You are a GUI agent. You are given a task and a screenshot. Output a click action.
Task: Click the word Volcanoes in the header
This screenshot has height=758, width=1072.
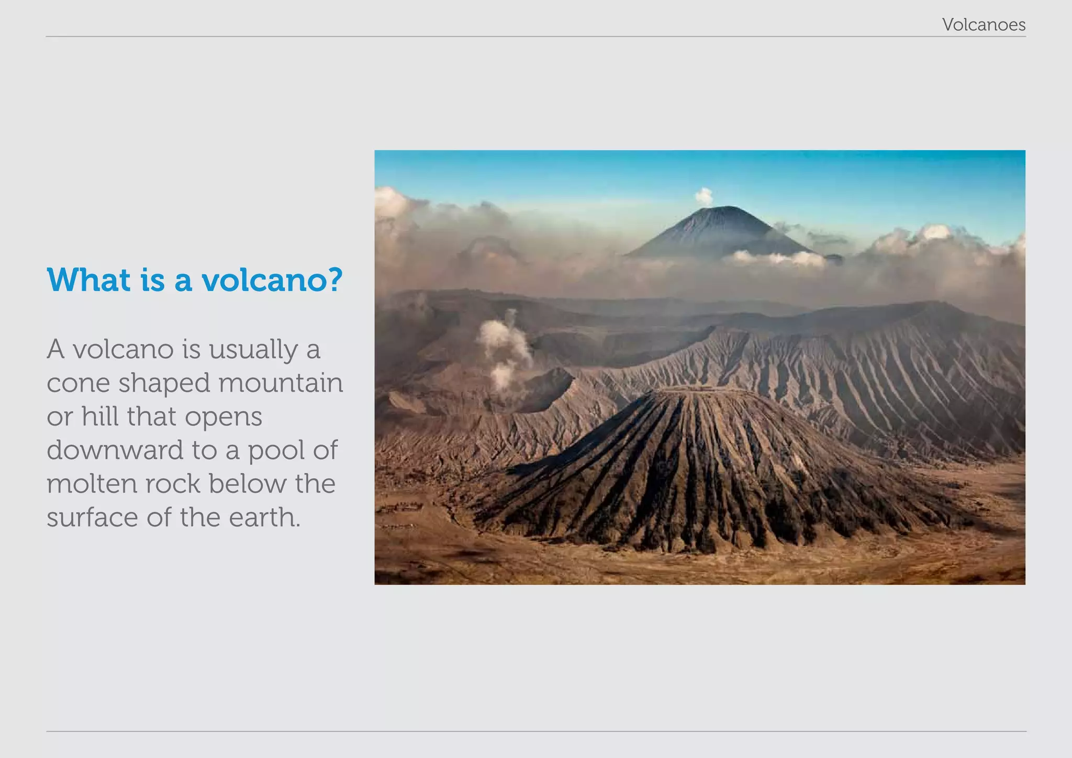[x=984, y=25]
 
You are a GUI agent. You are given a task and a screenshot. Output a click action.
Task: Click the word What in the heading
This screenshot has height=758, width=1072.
[x=88, y=280]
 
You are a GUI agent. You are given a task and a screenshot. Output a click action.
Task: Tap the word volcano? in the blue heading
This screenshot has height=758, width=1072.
[x=272, y=280]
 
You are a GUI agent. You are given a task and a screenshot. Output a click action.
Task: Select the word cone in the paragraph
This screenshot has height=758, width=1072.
[x=79, y=383]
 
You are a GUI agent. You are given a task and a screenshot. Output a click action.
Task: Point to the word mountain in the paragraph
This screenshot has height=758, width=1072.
[x=281, y=383]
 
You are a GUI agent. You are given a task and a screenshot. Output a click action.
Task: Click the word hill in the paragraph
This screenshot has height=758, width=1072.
[x=100, y=417]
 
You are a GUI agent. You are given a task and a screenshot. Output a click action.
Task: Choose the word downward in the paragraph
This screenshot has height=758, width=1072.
[x=114, y=450]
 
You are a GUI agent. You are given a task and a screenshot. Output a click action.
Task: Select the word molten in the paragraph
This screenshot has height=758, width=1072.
[x=91, y=484]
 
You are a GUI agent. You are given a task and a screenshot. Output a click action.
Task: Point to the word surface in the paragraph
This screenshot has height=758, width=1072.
[x=92, y=518]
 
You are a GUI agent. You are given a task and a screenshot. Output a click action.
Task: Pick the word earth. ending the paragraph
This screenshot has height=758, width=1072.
[x=264, y=518]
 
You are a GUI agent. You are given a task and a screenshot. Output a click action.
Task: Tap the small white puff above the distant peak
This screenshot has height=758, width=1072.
[x=704, y=196]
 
